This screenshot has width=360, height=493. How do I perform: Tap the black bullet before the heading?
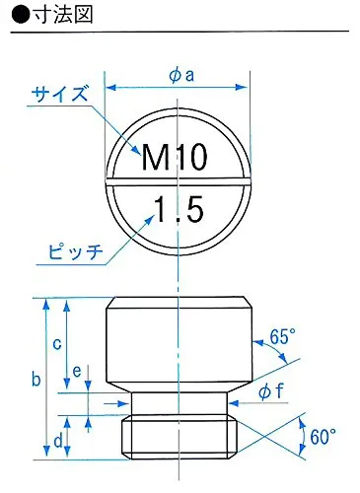[x=21, y=15]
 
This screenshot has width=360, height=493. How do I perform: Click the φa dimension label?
[x=181, y=76]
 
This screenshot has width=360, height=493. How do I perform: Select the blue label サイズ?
[x=60, y=94]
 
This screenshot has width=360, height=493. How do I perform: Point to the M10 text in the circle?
[x=175, y=157]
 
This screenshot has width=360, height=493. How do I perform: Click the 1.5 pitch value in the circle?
[x=180, y=209]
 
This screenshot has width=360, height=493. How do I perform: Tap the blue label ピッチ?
[x=75, y=252]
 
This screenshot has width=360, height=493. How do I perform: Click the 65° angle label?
[x=282, y=336]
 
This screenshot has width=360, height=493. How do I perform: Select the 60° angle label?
[x=323, y=437]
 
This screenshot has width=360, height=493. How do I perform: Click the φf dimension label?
[x=270, y=391]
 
